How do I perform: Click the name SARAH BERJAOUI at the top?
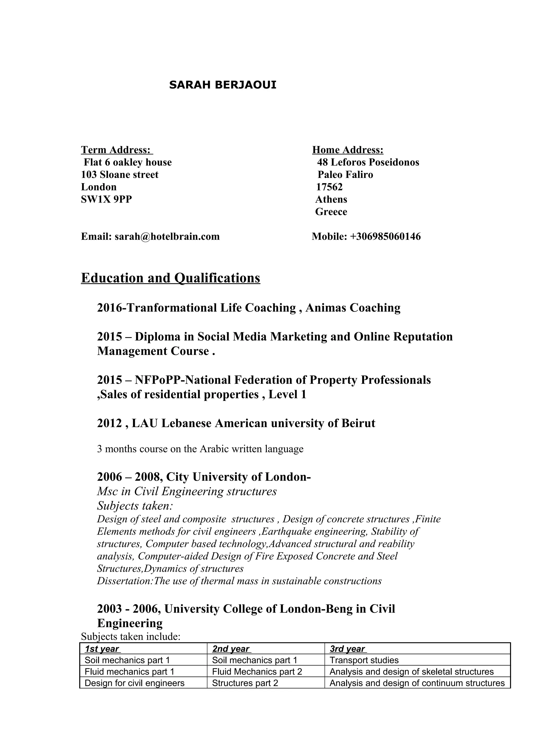coord(222,85)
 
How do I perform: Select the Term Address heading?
coord(117,150)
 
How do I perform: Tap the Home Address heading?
coord(348,150)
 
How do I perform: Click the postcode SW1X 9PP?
coord(106,199)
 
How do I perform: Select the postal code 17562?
coord(329,187)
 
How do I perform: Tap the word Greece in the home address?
coord(331,212)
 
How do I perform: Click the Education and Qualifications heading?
coord(171,278)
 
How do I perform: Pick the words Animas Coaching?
coord(353,308)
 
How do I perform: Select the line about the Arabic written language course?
coord(200,449)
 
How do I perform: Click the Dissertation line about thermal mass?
coord(239,581)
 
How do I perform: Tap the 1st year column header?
coord(102,649)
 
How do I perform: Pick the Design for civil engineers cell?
coord(134,683)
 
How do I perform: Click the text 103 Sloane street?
coord(120,175)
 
